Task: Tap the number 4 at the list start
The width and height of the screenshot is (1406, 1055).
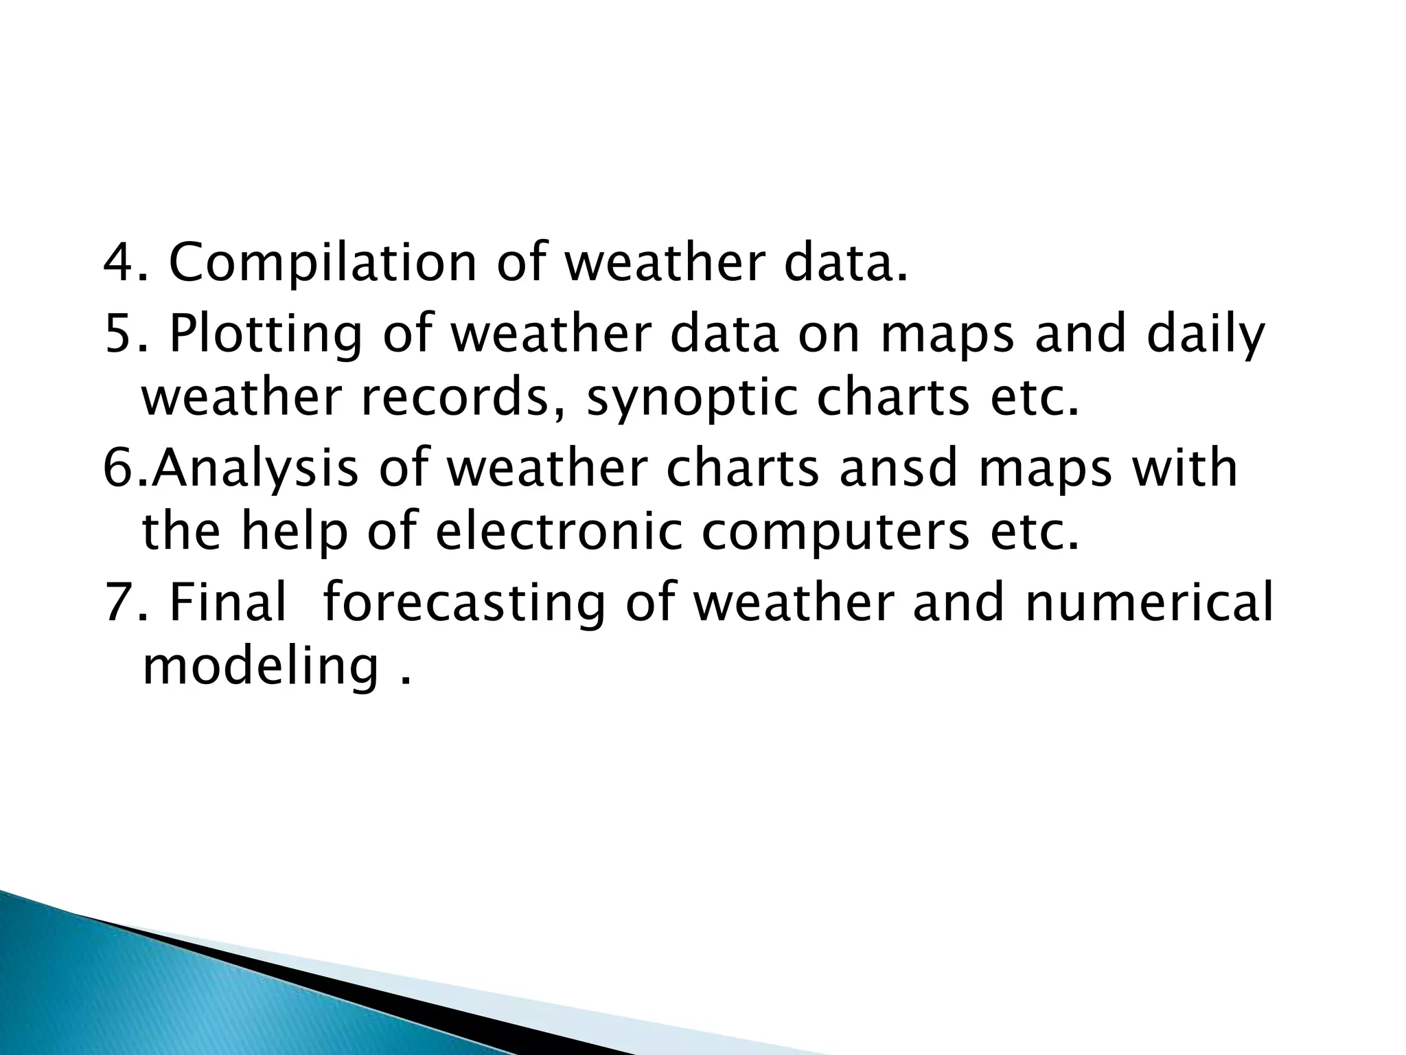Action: click(x=117, y=263)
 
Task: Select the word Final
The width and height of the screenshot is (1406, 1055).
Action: click(x=227, y=601)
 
